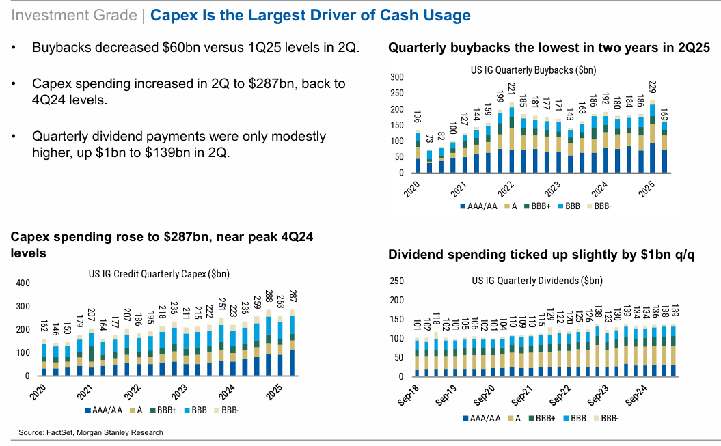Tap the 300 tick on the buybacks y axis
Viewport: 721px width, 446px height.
[x=397, y=77]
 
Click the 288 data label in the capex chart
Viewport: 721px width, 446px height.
[x=269, y=299]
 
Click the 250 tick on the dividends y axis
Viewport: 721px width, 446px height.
[x=397, y=281]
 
